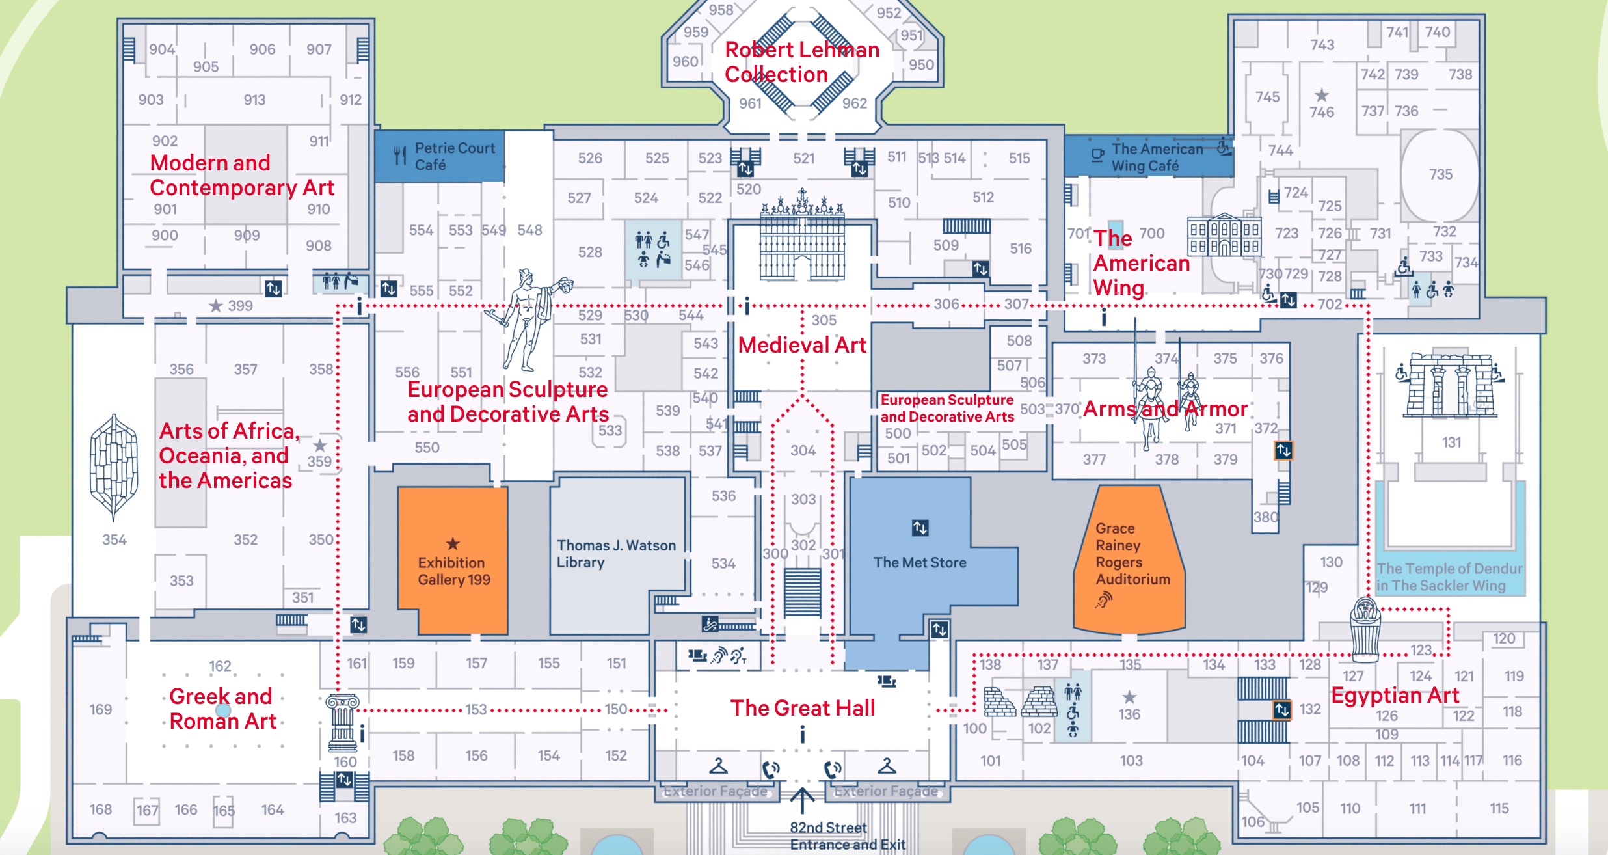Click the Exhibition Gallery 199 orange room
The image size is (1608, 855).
pos(453,560)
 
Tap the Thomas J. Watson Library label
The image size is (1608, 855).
pos(616,554)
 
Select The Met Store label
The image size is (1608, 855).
pos(920,562)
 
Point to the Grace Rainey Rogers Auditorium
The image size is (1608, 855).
pos(1130,560)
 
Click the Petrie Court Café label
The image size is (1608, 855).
pos(455,156)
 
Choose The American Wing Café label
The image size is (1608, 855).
pos(1157,157)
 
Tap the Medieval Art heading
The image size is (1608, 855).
pos(802,345)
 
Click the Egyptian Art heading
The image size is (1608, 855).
pos(1395,696)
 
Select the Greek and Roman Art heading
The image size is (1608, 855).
pos(222,709)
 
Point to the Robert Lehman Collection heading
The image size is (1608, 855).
pos(802,62)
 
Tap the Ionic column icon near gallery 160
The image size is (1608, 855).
pos(343,723)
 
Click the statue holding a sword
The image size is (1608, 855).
pos(527,319)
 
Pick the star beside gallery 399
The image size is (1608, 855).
pos(216,305)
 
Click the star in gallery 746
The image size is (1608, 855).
pos(1322,95)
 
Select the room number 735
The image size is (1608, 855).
pos(1441,174)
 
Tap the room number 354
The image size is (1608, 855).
pos(114,539)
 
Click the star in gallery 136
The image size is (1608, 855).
pos(1129,697)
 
